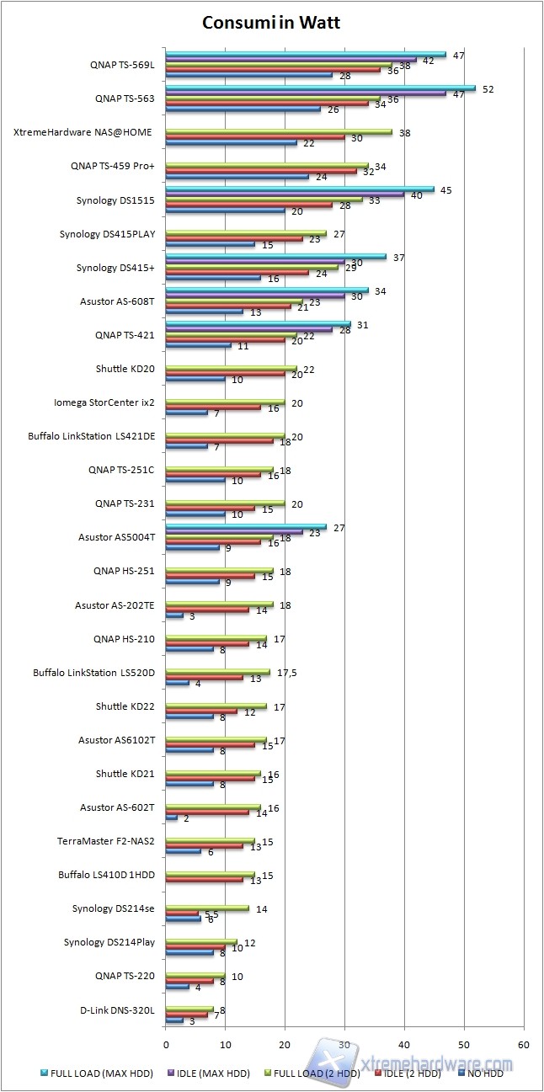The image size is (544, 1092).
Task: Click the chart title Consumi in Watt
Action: [271, 23]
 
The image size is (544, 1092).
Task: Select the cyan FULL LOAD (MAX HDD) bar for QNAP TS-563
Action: [320, 88]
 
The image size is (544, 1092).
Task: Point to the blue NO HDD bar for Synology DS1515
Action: [225, 210]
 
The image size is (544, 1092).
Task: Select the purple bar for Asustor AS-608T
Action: [255, 296]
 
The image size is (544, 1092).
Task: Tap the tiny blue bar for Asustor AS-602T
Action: [172, 818]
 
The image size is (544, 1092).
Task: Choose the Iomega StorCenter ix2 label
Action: [104, 402]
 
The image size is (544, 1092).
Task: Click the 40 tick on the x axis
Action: [405, 1045]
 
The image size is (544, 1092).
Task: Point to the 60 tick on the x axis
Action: [524, 1045]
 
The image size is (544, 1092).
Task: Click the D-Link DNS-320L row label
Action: [118, 1010]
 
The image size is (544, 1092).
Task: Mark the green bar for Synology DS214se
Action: [207, 908]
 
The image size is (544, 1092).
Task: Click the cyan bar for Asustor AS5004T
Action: [246, 526]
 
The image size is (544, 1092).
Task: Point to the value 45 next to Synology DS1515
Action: [446, 189]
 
